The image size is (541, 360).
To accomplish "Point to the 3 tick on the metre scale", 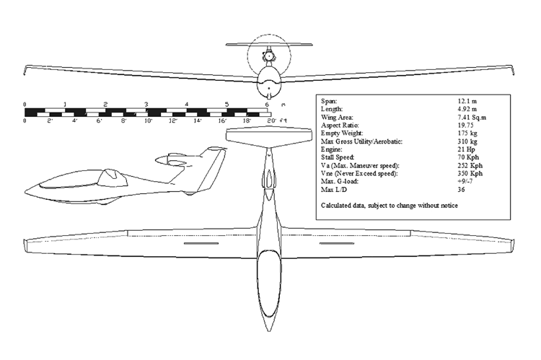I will pos(146,105).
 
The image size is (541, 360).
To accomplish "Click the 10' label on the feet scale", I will pos(149,120).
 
